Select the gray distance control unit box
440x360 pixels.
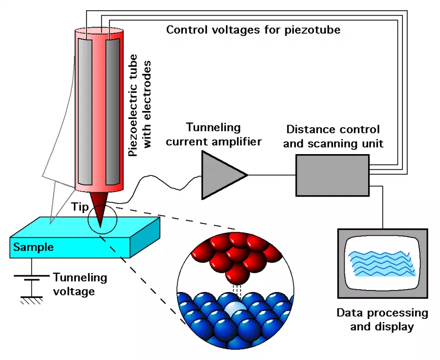point(332,175)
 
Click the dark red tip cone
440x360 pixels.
point(100,208)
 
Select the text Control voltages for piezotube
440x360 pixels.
point(253,30)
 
